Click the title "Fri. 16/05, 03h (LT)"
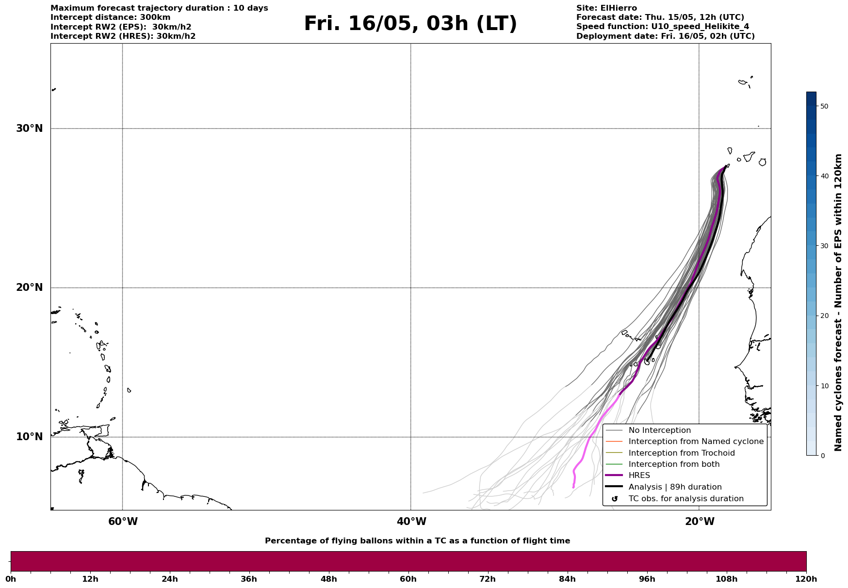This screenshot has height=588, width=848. click(x=410, y=24)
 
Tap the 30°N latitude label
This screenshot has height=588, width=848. click(x=29, y=128)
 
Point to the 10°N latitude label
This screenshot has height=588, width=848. click(x=29, y=437)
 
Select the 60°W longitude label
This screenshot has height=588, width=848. click(x=123, y=522)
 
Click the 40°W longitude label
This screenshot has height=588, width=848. click(x=411, y=522)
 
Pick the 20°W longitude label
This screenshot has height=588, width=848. click(x=700, y=522)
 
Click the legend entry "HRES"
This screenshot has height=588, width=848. click(x=639, y=476)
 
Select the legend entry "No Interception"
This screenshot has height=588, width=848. click(x=659, y=430)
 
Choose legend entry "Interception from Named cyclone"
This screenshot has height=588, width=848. click(x=696, y=442)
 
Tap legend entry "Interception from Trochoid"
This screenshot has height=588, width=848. click(x=681, y=453)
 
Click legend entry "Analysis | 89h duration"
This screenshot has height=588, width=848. click(x=675, y=487)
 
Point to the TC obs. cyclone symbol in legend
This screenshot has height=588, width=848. click(x=615, y=499)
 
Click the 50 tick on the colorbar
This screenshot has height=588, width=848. click(x=824, y=106)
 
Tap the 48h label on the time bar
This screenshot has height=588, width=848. click(x=328, y=579)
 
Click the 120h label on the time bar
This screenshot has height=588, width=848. click(x=806, y=579)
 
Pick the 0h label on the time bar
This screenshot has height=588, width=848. click(x=11, y=579)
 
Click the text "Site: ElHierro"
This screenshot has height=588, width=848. click(x=606, y=8)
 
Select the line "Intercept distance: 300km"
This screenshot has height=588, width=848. click(x=110, y=17)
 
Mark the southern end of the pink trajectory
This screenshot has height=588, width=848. click(x=573, y=487)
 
